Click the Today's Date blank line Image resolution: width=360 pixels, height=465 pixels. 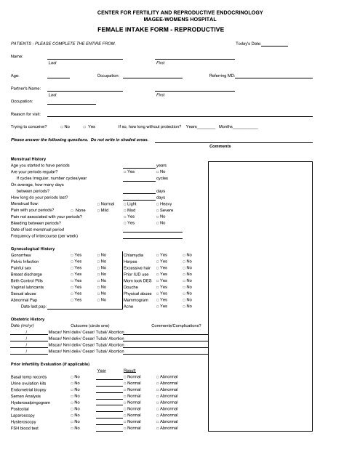[274, 46]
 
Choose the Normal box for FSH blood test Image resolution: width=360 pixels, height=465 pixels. [126, 428]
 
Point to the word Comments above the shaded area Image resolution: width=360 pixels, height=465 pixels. [220, 147]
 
